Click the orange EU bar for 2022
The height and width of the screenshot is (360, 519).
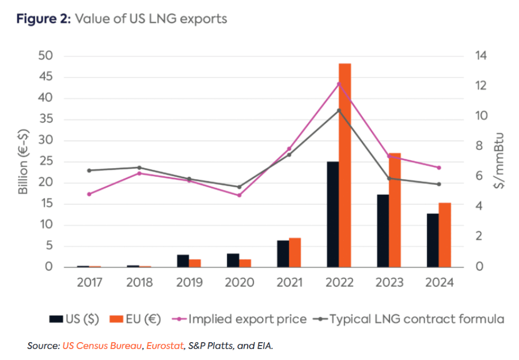click(344, 165)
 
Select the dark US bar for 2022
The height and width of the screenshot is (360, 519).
click(332, 214)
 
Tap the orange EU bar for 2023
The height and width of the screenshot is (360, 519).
click(395, 210)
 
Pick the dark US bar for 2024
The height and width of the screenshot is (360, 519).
click(432, 240)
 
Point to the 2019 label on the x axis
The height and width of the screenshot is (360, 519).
click(189, 283)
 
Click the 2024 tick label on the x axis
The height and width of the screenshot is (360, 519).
click(438, 283)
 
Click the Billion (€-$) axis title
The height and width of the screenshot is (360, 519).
click(24, 161)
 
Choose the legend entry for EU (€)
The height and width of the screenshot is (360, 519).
click(135, 319)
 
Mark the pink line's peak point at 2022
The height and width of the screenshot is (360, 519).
click(339, 84)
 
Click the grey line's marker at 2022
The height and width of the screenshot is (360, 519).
click(339, 110)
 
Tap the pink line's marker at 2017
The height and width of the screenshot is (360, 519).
click(89, 194)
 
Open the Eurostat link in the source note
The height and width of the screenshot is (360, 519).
click(165, 346)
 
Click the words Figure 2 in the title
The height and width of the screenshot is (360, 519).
click(41, 19)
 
